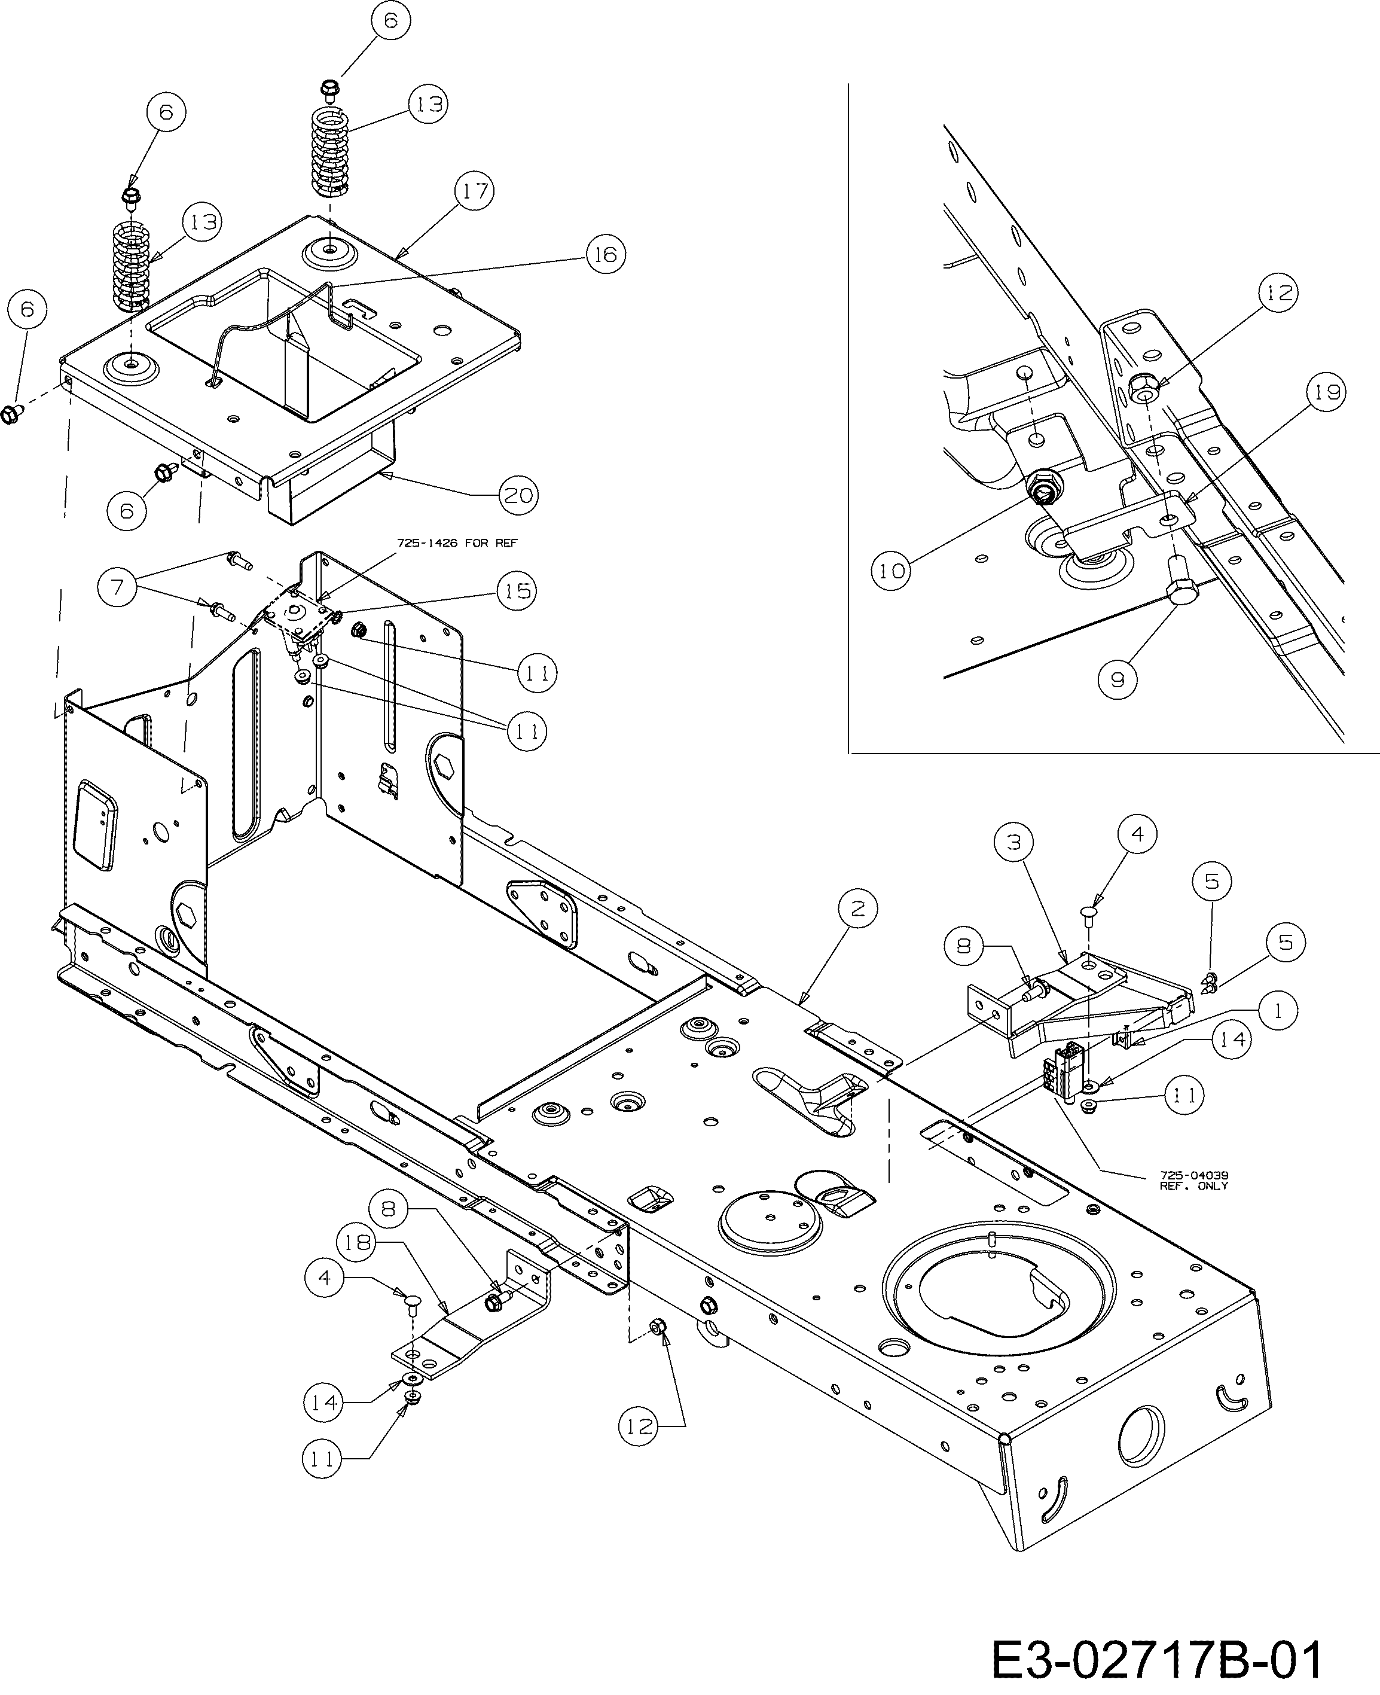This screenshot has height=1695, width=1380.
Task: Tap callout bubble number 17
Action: pyautogui.click(x=474, y=191)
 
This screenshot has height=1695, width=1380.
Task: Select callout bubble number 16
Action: pyautogui.click(x=606, y=254)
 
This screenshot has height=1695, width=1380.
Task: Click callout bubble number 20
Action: pyautogui.click(x=519, y=495)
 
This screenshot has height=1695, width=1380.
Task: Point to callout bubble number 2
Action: pyautogui.click(x=857, y=909)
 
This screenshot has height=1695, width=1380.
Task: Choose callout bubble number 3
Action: pyautogui.click(x=1013, y=841)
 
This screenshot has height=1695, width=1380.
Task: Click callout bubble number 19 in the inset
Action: pyautogui.click(x=1325, y=392)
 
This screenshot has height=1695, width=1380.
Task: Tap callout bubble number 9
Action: pyautogui.click(x=1118, y=680)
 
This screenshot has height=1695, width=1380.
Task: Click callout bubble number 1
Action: pyautogui.click(x=1277, y=1011)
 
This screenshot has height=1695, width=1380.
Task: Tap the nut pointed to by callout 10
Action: pyautogui.click(x=1040, y=489)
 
